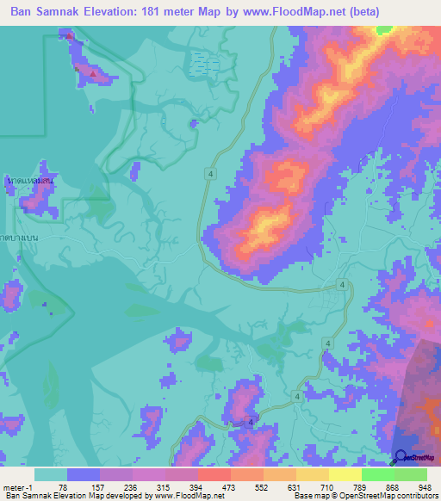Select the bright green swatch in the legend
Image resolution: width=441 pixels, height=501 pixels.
(x=377, y=474)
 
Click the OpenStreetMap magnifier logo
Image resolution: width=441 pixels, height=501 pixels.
(x=401, y=458)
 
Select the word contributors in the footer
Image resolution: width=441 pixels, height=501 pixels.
(x=417, y=496)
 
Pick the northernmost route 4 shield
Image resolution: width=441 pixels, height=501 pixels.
(x=210, y=174)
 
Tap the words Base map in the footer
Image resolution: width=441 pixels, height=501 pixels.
(x=308, y=496)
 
